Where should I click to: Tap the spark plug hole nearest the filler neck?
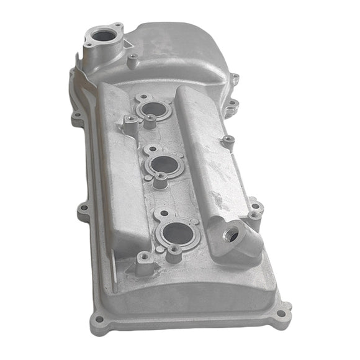tap(151, 109)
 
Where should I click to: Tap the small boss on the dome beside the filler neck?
tap(132, 60)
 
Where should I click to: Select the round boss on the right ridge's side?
tap(228, 141)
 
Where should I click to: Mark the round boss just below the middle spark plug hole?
tap(161, 179)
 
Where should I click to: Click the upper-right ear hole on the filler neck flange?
tap(117, 27)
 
